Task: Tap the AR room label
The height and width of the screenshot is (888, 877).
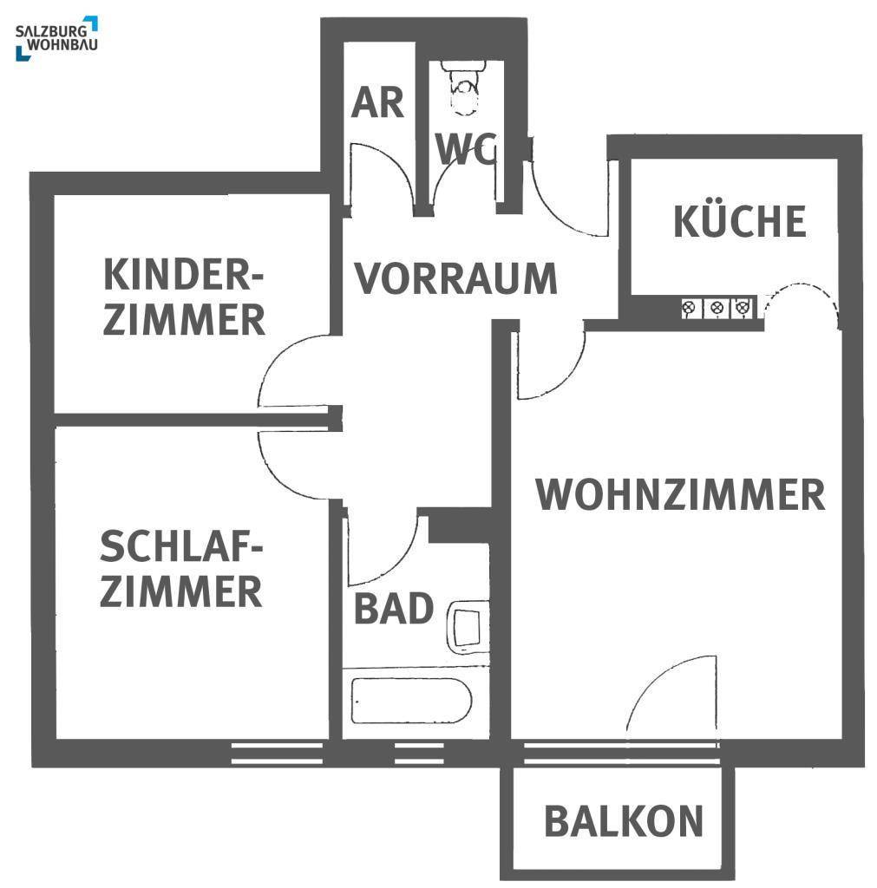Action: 377,102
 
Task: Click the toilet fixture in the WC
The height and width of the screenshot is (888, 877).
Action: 466,87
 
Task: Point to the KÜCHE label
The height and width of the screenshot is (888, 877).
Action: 739,221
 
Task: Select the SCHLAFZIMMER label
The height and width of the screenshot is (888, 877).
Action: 181,570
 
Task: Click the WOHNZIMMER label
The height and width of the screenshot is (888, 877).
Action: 680,494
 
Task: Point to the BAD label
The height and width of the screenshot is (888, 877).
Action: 393,610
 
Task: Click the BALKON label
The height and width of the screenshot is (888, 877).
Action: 623,821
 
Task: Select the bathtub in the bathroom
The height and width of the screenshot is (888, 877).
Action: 411,701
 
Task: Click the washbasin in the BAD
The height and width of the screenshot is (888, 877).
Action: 467,627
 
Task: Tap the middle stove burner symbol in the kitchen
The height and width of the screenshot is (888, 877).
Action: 717,307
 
